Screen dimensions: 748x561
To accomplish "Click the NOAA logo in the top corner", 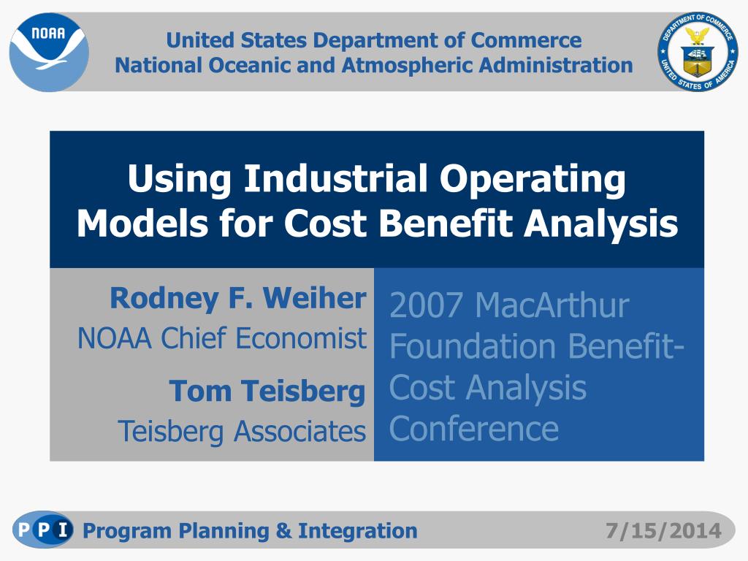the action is pos(49,52).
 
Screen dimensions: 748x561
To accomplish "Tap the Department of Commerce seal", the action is pos(698,52).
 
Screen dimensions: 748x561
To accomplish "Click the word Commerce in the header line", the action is pos(526,40).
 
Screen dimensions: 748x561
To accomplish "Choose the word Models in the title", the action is pos(142,223).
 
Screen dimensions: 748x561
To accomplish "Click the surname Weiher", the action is pos(314,298).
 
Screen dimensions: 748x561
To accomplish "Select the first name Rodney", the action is pos(164,299).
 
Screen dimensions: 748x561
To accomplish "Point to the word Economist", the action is pos(301,338).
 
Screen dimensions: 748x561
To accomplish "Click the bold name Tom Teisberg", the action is pos(267,392).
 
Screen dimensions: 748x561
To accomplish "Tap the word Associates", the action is pos(299,431).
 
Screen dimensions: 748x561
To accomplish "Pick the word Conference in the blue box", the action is pos(473,428).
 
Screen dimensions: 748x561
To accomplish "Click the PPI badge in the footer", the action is pos(43,530).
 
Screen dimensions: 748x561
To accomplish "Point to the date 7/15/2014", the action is pos(663,531).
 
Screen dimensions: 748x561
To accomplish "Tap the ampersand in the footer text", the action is pos(283,531).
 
